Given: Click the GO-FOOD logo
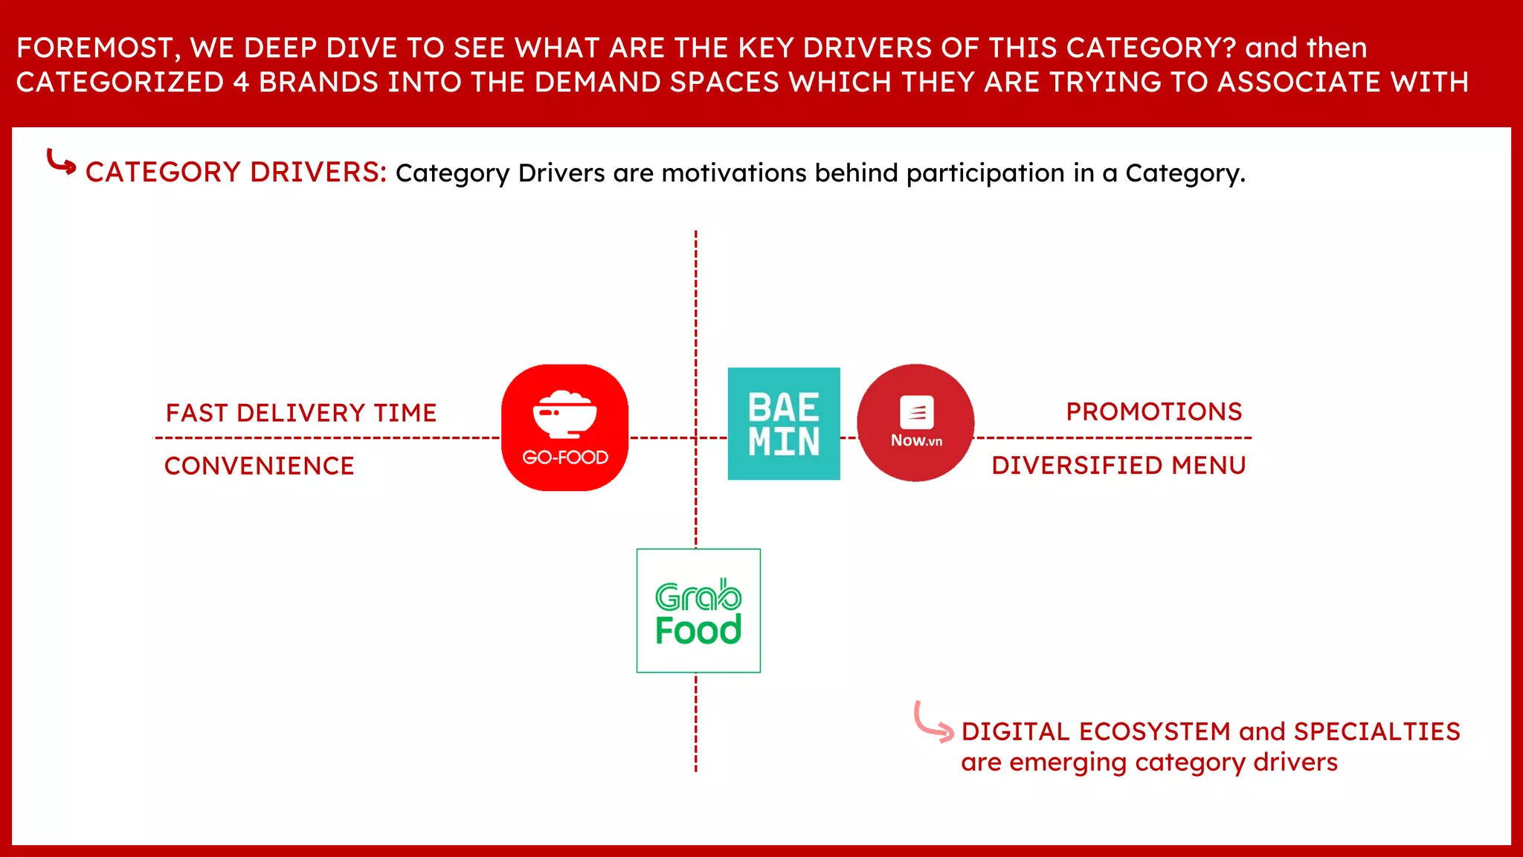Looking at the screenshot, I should click(564, 428).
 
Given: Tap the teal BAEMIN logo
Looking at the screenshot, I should click(784, 424).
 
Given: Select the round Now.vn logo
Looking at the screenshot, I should click(915, 423).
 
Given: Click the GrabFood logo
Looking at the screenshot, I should click(698, 611).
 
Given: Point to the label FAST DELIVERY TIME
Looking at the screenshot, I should click(301, 413).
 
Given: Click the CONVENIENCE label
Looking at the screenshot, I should click(259, 466).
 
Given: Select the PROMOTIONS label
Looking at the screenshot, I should click(1154, 411).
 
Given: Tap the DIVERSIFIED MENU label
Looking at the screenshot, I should click(1118, 466).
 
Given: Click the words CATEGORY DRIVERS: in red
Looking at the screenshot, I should click(236, 173).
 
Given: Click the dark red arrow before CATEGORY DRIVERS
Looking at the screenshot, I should click(61, 161).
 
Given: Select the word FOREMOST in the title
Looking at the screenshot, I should click(94, 48).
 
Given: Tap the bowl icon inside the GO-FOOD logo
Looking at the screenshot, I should click(564, 414).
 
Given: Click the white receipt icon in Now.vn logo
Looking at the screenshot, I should click(916, 411).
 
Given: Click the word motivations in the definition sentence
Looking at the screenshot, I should click(733, 173).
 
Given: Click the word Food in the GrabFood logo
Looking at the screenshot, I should click(698, 631).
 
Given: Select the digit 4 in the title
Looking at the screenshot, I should click(241, 83).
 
